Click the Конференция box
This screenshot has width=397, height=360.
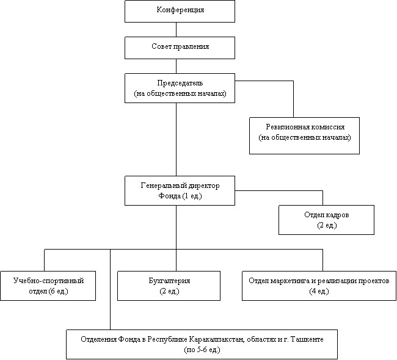pos(180,11)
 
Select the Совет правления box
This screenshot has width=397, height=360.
pos(180,48)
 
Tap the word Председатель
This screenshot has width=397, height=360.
pos(180,82)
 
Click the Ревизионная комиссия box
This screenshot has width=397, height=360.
pos(304,135)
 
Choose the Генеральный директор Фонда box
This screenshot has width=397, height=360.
pos(180,190)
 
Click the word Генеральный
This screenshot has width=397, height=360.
pos(162,185)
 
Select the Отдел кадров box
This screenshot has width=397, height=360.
pos(326,220)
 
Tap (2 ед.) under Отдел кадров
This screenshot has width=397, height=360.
pos(326,225)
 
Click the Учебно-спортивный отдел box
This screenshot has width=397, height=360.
pos(48,286)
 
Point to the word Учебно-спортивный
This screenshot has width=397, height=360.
pos(48,280)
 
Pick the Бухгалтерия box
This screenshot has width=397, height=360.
pos(169,286)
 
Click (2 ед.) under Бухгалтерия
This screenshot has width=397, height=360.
pos(169,291)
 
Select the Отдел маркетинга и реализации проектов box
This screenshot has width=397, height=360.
pos(318,286)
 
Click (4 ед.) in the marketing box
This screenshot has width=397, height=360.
pos(318,291)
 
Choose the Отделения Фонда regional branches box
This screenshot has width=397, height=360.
pos(202,344)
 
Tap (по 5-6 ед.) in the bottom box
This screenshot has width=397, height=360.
pos(202,350)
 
